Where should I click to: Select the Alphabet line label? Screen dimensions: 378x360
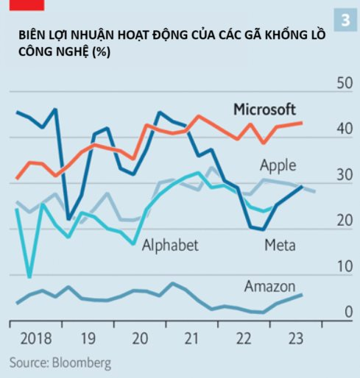tap(170, 245)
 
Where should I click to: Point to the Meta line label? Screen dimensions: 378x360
tap(279, 245)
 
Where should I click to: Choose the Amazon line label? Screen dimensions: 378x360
tap(269, 286)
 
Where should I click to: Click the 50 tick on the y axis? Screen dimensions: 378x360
tap(344, 82)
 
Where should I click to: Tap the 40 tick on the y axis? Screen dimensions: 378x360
tap(344, 128)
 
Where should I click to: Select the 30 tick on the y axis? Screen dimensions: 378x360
tap(344, 174)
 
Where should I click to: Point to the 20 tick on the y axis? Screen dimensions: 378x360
tap(344, 220)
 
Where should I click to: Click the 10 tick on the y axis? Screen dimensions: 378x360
tap(344, 267)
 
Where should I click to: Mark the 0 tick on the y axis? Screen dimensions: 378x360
tap(347, 313)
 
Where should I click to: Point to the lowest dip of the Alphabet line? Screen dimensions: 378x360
tap(29, 277)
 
